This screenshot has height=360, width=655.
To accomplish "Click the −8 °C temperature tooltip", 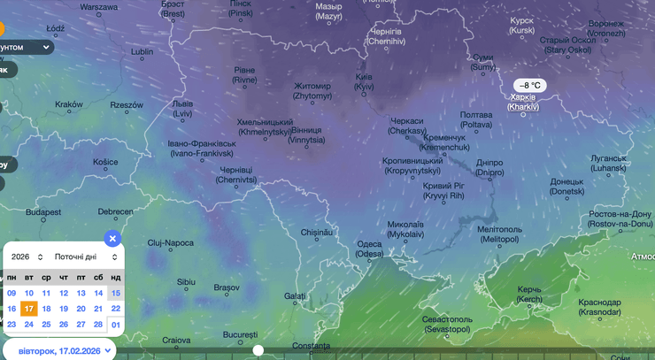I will [530, 85].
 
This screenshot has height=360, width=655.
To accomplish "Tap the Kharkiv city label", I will [524, 102].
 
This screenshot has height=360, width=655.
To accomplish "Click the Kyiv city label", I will [364, 81].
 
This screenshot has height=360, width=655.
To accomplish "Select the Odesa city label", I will [370, 249].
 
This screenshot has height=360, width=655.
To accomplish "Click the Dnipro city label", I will [489, 167].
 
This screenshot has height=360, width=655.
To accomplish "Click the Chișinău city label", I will [315, 232].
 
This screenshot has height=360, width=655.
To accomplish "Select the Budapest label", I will [42, 212].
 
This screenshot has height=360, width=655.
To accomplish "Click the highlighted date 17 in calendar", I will [29, 309].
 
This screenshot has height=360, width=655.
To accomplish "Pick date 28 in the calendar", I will [98, 325].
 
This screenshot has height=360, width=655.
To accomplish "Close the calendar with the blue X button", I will [112, 238].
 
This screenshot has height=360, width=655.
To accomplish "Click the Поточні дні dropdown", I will [86, 257].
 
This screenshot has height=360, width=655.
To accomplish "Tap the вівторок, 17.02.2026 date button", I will [59, 349].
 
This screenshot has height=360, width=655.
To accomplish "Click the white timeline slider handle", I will [258, 350].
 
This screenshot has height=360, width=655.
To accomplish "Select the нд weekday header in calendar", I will [115, 277].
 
